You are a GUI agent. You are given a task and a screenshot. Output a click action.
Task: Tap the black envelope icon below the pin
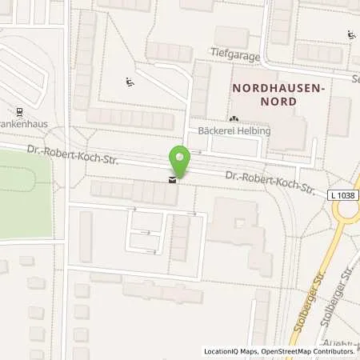click(x=171, y=181)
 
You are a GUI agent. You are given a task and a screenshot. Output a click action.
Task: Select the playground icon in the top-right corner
click(x=350, y=33)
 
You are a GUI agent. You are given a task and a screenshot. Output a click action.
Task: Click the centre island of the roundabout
click(x=354, y=210)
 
